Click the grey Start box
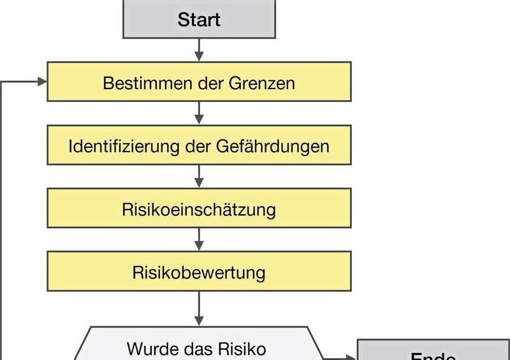click(x=199, y=19)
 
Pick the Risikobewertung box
click(x=199, y=273)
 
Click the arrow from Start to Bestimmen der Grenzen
click(x=199, y=50)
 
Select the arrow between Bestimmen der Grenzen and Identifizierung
click(x=199, y=113)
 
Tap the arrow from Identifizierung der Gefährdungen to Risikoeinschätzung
click(x=199, y=176)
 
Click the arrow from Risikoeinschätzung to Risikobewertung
click(x=199, y=240)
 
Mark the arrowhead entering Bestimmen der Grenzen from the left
click(x=42, y=82)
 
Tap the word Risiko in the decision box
click(x=244, y=349)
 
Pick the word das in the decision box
click(x=197, y=349)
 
